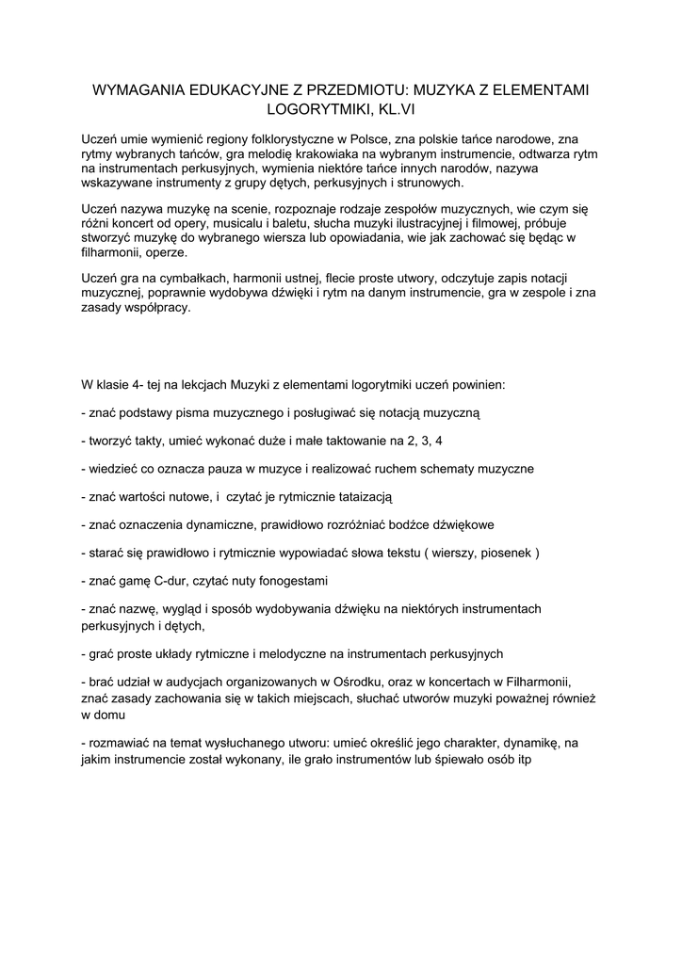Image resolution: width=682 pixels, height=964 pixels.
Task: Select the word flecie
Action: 341,280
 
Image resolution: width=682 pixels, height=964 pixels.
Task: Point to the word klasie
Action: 117,385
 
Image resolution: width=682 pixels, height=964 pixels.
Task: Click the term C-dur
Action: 188,580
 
